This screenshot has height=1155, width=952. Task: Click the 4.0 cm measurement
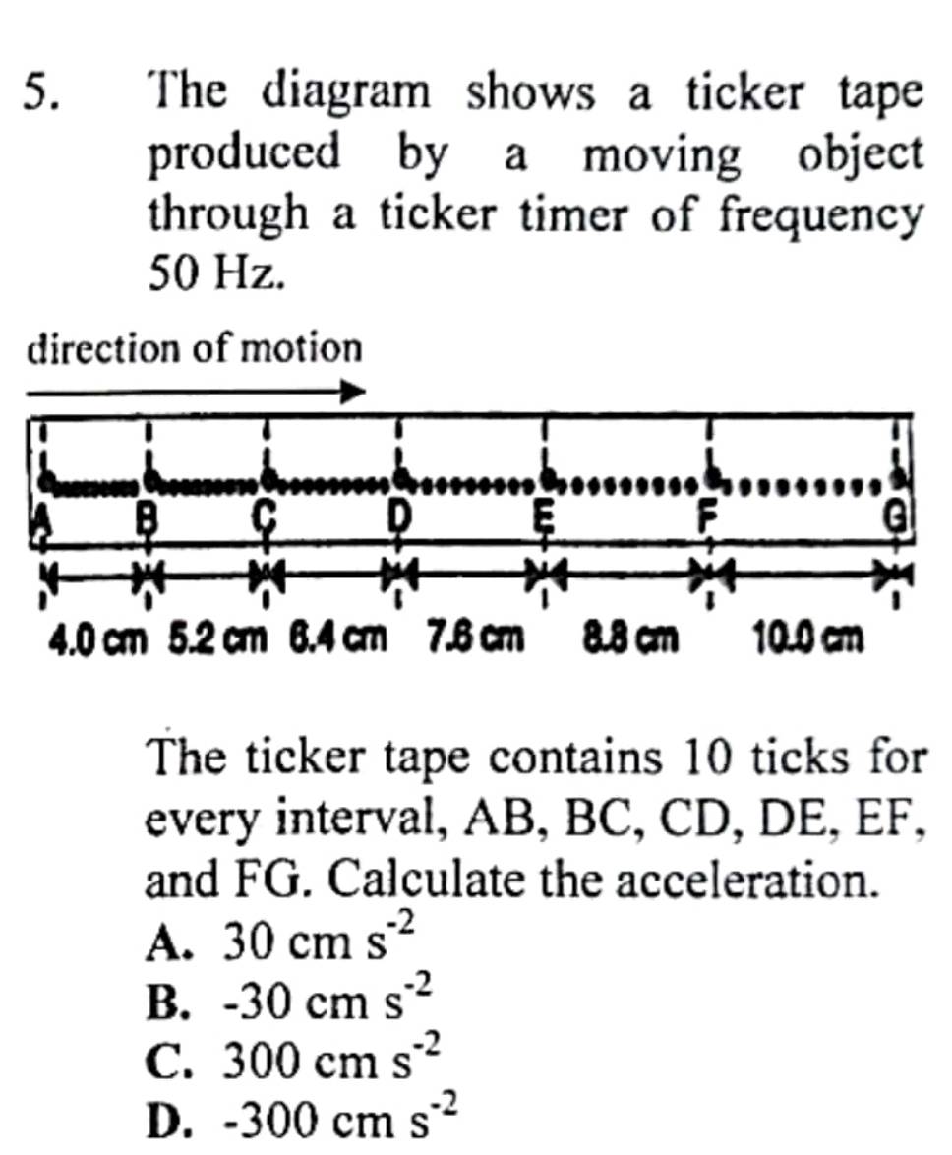pyautogui.click(x=97, y=638)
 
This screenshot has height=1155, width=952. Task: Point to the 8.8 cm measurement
pyautogui.click(x=629, y=638)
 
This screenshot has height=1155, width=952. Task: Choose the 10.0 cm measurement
pyautogui.click(x=807, y=638)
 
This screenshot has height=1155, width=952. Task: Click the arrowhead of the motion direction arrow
pyautogui.click(x=356, y=391)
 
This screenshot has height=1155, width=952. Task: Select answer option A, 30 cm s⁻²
pyautogui.click(x=280, y=938)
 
